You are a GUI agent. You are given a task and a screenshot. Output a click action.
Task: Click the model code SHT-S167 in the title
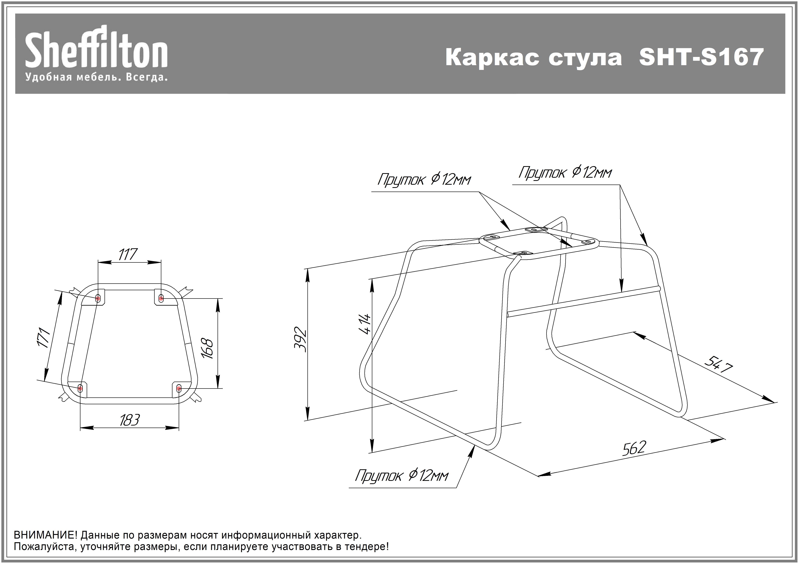(701, 57)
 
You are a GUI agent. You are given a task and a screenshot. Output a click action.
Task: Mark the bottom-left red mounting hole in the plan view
(80, 388)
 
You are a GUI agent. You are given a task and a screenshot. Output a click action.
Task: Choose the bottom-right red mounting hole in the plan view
(179, 388)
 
